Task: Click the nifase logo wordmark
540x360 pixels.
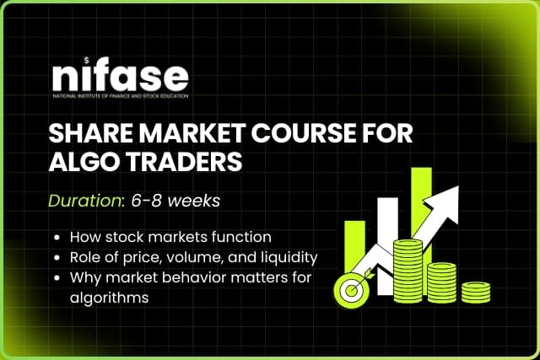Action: [119, 78]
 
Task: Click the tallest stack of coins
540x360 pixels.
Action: [409, 268]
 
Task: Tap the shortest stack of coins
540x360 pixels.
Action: [476, 290]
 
